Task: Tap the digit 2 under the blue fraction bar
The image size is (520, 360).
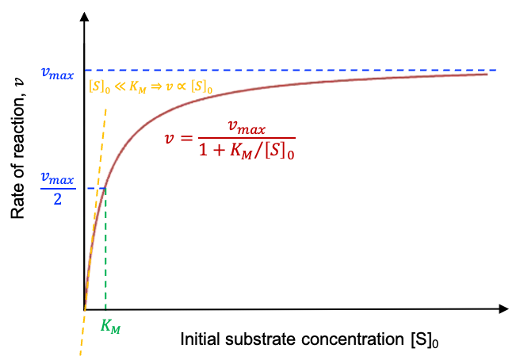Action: [57, 199]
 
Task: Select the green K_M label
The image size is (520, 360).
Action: [110, 325]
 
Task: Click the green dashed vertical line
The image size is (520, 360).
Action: [105, 254]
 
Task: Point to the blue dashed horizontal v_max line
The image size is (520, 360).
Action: [317, 70]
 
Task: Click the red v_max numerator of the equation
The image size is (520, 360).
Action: [246, 127]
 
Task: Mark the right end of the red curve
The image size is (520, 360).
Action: [486, 74]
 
